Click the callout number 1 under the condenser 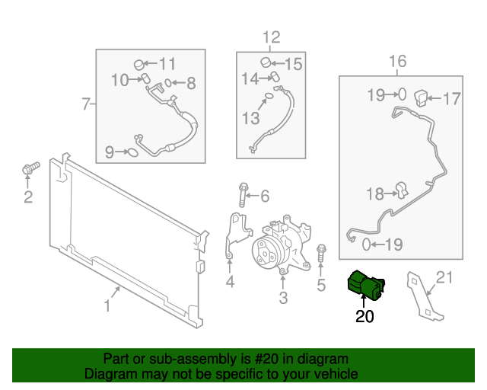pos(107,306)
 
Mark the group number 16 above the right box pos(398,62)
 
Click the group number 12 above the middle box pos(271,37)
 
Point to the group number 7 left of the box pos(86,103)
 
